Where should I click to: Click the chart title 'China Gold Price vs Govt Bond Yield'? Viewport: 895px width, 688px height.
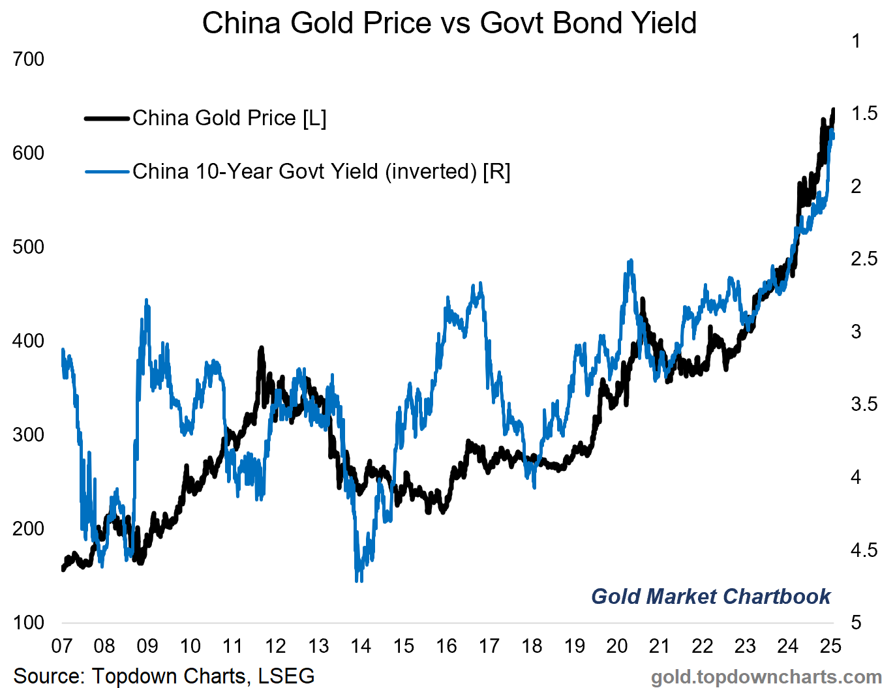pos(449,23)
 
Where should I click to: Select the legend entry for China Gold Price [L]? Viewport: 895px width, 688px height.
pos(229,118)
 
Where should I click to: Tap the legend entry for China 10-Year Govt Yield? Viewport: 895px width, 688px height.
pos(321,172)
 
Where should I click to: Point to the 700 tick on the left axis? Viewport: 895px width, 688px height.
pos(29,59)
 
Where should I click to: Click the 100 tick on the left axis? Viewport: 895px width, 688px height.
pos(29,622)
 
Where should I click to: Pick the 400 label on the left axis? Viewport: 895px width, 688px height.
pos(29,341)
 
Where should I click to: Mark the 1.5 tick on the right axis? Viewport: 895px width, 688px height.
pos(864,113)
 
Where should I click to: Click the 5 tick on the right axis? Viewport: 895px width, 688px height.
pos(856,622)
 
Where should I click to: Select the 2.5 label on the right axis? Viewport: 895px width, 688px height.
pos(864,259)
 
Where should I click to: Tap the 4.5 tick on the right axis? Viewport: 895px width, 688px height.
pos(864,550)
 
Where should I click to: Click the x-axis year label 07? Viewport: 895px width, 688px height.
pos(62,646)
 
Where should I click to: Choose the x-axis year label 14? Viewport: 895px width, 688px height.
pos(361,646)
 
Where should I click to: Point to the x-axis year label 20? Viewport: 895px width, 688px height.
pos(617,646)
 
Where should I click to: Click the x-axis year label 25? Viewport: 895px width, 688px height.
pos(830,646)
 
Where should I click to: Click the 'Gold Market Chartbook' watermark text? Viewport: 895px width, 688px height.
pos(710,596)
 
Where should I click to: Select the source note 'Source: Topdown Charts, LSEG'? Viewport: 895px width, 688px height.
pos(164,676)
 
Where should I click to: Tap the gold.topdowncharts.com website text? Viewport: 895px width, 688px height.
pos(766,677)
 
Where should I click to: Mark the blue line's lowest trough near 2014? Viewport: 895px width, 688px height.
pos(358,579)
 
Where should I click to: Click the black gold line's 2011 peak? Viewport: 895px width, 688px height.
pos(261,349)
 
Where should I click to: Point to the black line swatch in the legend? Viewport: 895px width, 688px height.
pos(106,118)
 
